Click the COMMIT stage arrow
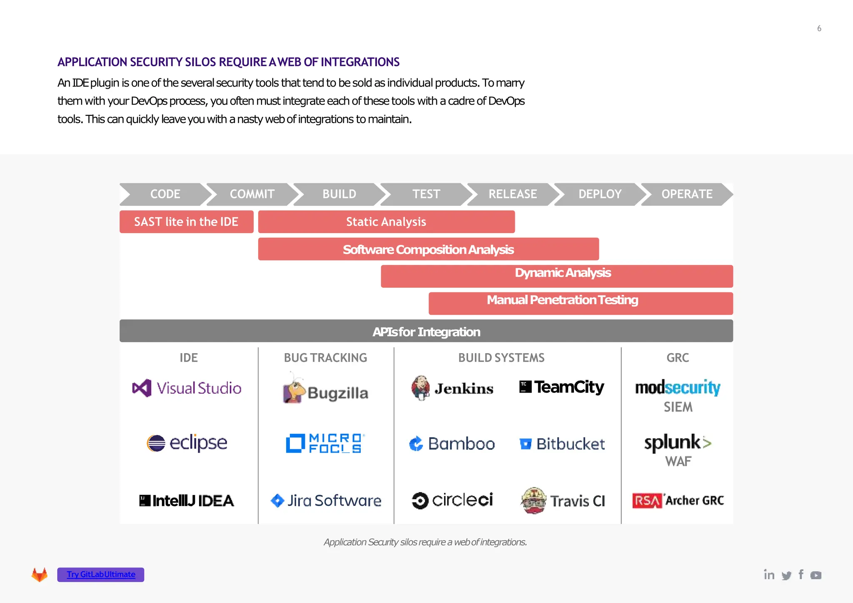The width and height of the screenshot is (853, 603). coord(252,194)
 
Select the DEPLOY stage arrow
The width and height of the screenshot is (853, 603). coord(600,194)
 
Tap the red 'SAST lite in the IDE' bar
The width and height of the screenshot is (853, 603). coord(186,222)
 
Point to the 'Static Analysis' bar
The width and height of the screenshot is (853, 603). coord(386,222)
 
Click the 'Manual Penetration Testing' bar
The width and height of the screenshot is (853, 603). coord(581,303)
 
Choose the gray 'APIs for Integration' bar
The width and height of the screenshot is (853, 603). coord(426,331)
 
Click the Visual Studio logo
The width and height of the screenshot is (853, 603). coord(187,388)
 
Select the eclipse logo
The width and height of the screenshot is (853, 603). coord(187,443)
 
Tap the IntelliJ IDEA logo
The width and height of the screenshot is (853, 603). coord(187,501)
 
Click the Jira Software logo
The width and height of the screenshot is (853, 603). coord(326,501)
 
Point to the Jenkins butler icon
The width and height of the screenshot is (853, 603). coord(421,388)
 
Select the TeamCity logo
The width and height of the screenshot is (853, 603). coord(562,387)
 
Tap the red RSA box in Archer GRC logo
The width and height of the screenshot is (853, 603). coord(647,501)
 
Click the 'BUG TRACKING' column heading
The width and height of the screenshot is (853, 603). coord(325,358)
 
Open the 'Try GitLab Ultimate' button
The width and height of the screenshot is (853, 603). coord(101,575)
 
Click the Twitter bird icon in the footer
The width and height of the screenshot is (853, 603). coord(786,576)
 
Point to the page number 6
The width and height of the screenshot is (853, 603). coord(819,28)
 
